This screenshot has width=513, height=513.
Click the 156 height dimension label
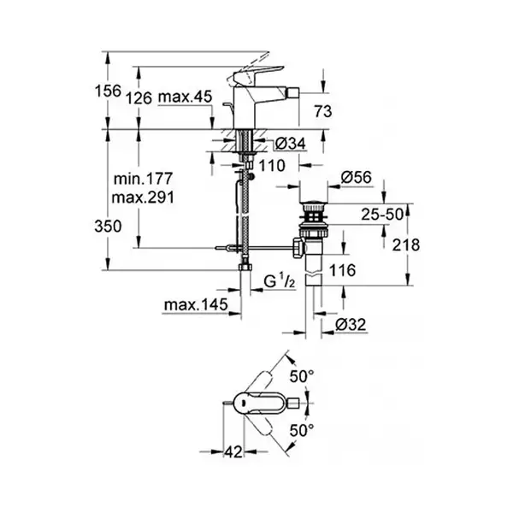click(x=108, y=91)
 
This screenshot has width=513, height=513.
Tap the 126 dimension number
click(x=139, y=97)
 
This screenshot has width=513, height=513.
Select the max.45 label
click(x=185, y=97)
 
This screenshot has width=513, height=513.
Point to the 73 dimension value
click(x=323, y=111)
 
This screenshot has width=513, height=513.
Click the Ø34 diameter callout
click(x=290, y=144)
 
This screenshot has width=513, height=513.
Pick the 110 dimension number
click(x=272, y=166)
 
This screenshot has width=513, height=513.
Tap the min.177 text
click(x=143, y=179)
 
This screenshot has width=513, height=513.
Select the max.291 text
click(x=143, y=198)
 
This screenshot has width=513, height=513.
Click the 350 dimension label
click(x=108, y=226)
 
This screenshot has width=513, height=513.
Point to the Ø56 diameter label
click(x=357, y=177)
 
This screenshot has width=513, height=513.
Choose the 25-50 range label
click(x=382, y=215)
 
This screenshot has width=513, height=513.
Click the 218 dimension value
click(x=406, y=245)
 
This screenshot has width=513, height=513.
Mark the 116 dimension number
click(x=342, y=270)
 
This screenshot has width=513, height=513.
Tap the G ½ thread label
click(x=280, y=281)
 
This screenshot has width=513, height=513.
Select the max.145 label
click(x=196, y=304)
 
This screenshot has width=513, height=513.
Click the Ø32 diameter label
click(x=351, y=325)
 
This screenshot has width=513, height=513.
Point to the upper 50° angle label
click(x=302, y=376)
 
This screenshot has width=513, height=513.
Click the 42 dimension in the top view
click(x=233, y=451)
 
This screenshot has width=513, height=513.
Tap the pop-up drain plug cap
click(x=314, y=206)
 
